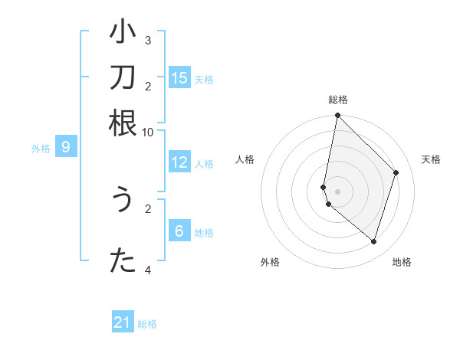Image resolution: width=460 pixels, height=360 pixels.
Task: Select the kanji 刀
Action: coord(122,79)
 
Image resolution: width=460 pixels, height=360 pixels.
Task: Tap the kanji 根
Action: coord(122,123)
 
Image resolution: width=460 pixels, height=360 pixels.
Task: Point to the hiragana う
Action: coord(122,200)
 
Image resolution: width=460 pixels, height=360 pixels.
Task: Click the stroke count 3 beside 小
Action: coord(148,40)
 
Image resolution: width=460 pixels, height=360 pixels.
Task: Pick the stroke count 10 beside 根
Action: coord(148,132)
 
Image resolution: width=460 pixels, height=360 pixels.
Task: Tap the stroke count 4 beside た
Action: coord(148,270)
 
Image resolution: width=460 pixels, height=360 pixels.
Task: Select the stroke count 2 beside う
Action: coord(148,208)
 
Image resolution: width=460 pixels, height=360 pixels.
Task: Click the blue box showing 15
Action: coord(179,78)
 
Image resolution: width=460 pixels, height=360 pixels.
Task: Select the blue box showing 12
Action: coord(179,162)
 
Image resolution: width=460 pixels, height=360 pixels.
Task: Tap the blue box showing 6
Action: coord(179,231)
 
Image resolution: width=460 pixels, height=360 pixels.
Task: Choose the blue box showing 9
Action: coord(66,147)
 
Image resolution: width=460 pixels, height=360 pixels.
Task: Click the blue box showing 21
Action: coord(123,323)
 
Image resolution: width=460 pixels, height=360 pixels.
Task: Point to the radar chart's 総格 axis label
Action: coord(337,100)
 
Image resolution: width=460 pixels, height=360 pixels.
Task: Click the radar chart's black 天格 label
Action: coord(431,159)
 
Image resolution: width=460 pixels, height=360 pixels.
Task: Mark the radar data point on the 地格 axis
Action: coord(374,241)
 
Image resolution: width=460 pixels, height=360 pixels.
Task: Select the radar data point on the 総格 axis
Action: coord(337,116)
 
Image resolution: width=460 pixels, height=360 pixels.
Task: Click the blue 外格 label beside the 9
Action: coord(40,149)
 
